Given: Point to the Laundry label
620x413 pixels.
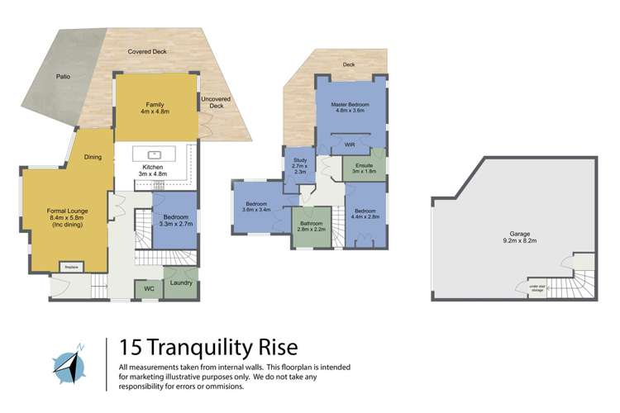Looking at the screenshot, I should tap(181, 283).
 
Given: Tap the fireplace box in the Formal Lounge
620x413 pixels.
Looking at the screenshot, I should tap(69, 266).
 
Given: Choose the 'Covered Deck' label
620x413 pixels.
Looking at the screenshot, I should tap(145, 51).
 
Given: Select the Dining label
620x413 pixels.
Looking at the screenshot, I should tap(93, 157).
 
